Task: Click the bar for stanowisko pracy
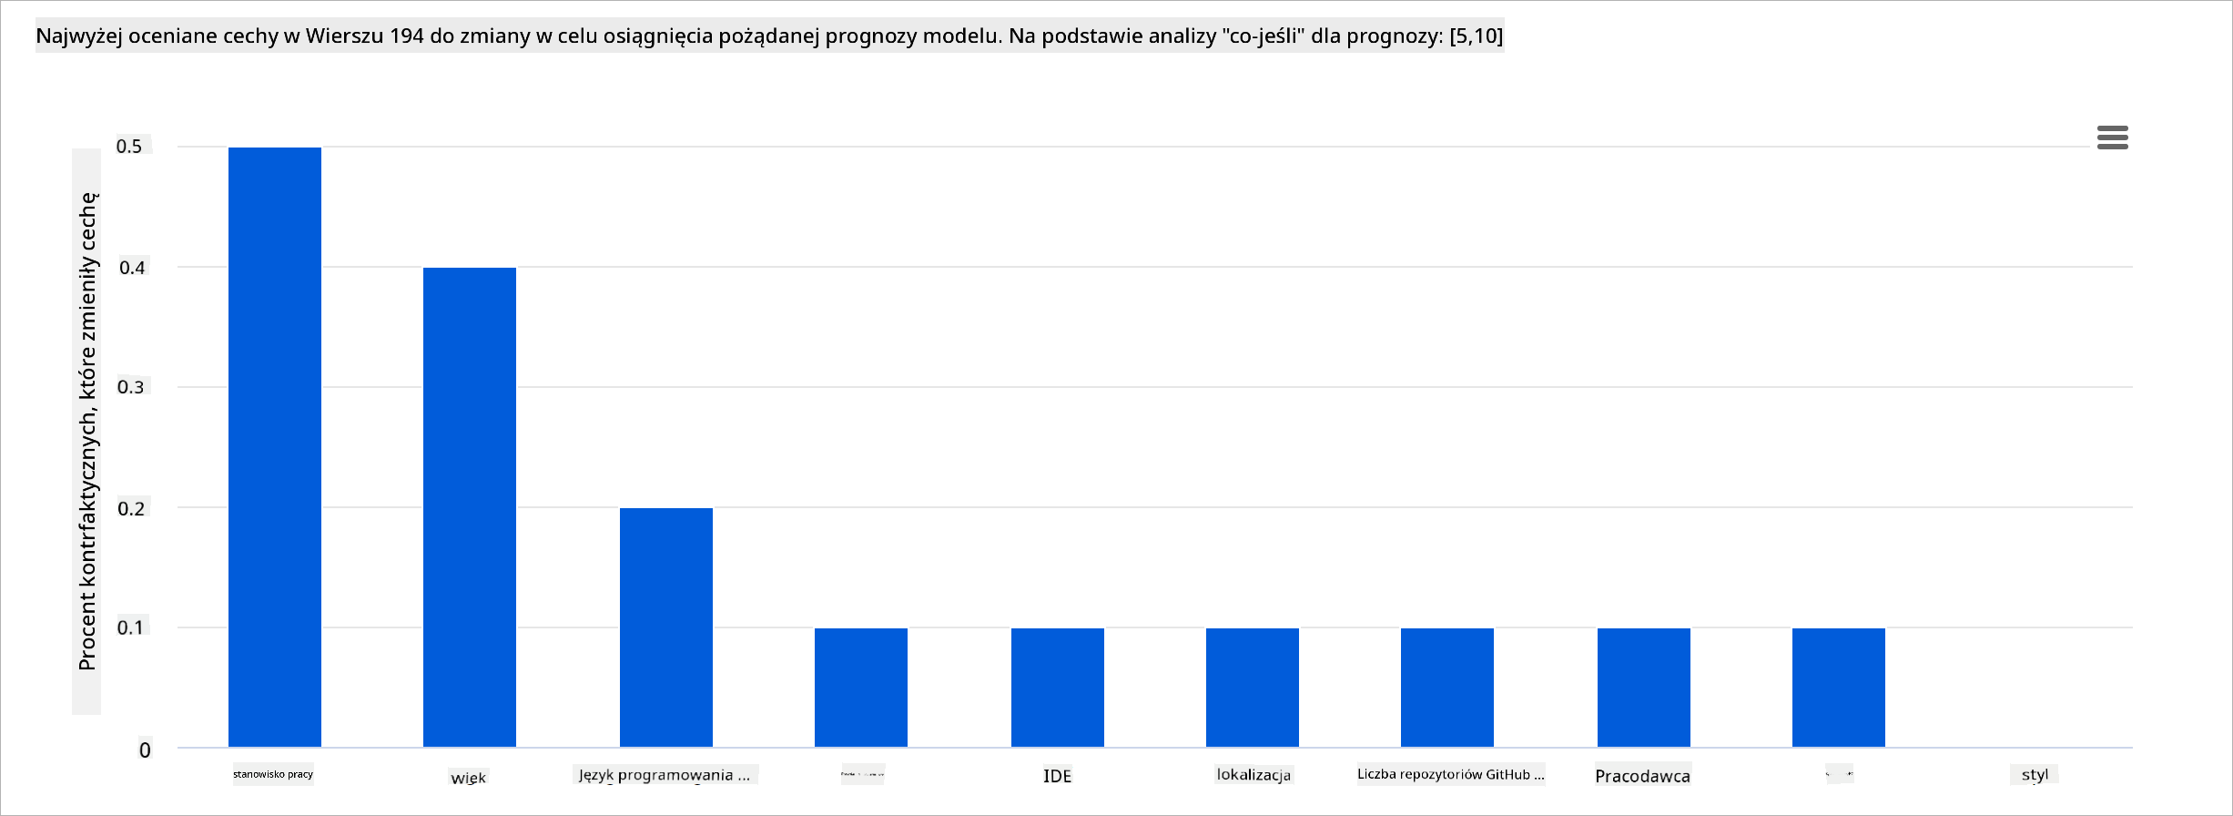[275, 446]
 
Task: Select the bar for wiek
[470, 506]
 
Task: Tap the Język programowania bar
[666, 627]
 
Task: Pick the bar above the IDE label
[1058, 687]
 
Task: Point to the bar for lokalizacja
[1253, 687]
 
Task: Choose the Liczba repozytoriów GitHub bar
[1447, 687]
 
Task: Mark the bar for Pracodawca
[1644, 687]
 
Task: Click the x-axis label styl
[2035, 775]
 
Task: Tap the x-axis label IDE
[1058, 776]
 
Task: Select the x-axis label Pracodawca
[1643, 776]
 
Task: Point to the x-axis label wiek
[469, 778]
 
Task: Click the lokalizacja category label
[1254, 775]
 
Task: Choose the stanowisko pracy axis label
[273, 774]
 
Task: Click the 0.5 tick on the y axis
[130, 147]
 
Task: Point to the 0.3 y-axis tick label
[131, 387]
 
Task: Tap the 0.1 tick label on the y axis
[131, 627]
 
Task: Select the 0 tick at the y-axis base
[145, 750]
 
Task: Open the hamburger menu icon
[2113, 138]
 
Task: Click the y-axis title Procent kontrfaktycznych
[87, 431]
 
